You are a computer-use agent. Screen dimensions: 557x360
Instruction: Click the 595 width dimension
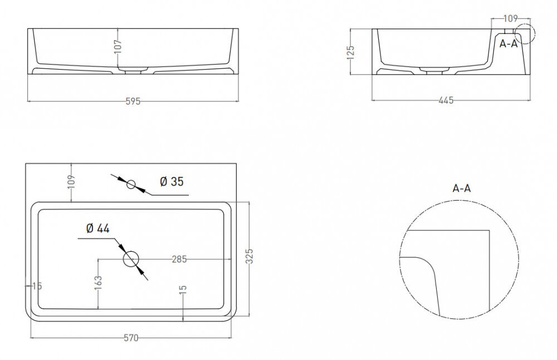[133, 101]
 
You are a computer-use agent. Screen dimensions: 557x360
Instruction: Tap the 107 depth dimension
[118, 47]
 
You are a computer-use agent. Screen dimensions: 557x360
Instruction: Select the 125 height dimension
[350, 52]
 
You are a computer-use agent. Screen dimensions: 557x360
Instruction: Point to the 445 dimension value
[446, 100]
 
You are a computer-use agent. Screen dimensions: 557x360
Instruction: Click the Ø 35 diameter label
[172, 182]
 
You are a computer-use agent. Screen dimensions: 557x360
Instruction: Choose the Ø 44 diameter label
[97, 228]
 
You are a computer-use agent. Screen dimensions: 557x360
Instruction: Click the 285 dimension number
[179, 260]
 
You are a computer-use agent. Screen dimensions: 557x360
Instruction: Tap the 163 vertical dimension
[99, 283]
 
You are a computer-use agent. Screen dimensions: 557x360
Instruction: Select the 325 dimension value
[250, 256]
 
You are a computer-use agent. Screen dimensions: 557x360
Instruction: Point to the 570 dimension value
[131, 338]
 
